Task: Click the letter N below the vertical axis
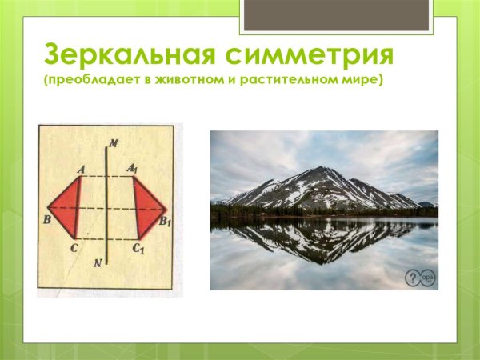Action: [97, 263]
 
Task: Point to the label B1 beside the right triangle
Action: [165, 222]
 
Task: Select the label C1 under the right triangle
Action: [138, 250]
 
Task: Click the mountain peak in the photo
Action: [321, 170]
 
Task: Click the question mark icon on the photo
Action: [412, 277]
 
